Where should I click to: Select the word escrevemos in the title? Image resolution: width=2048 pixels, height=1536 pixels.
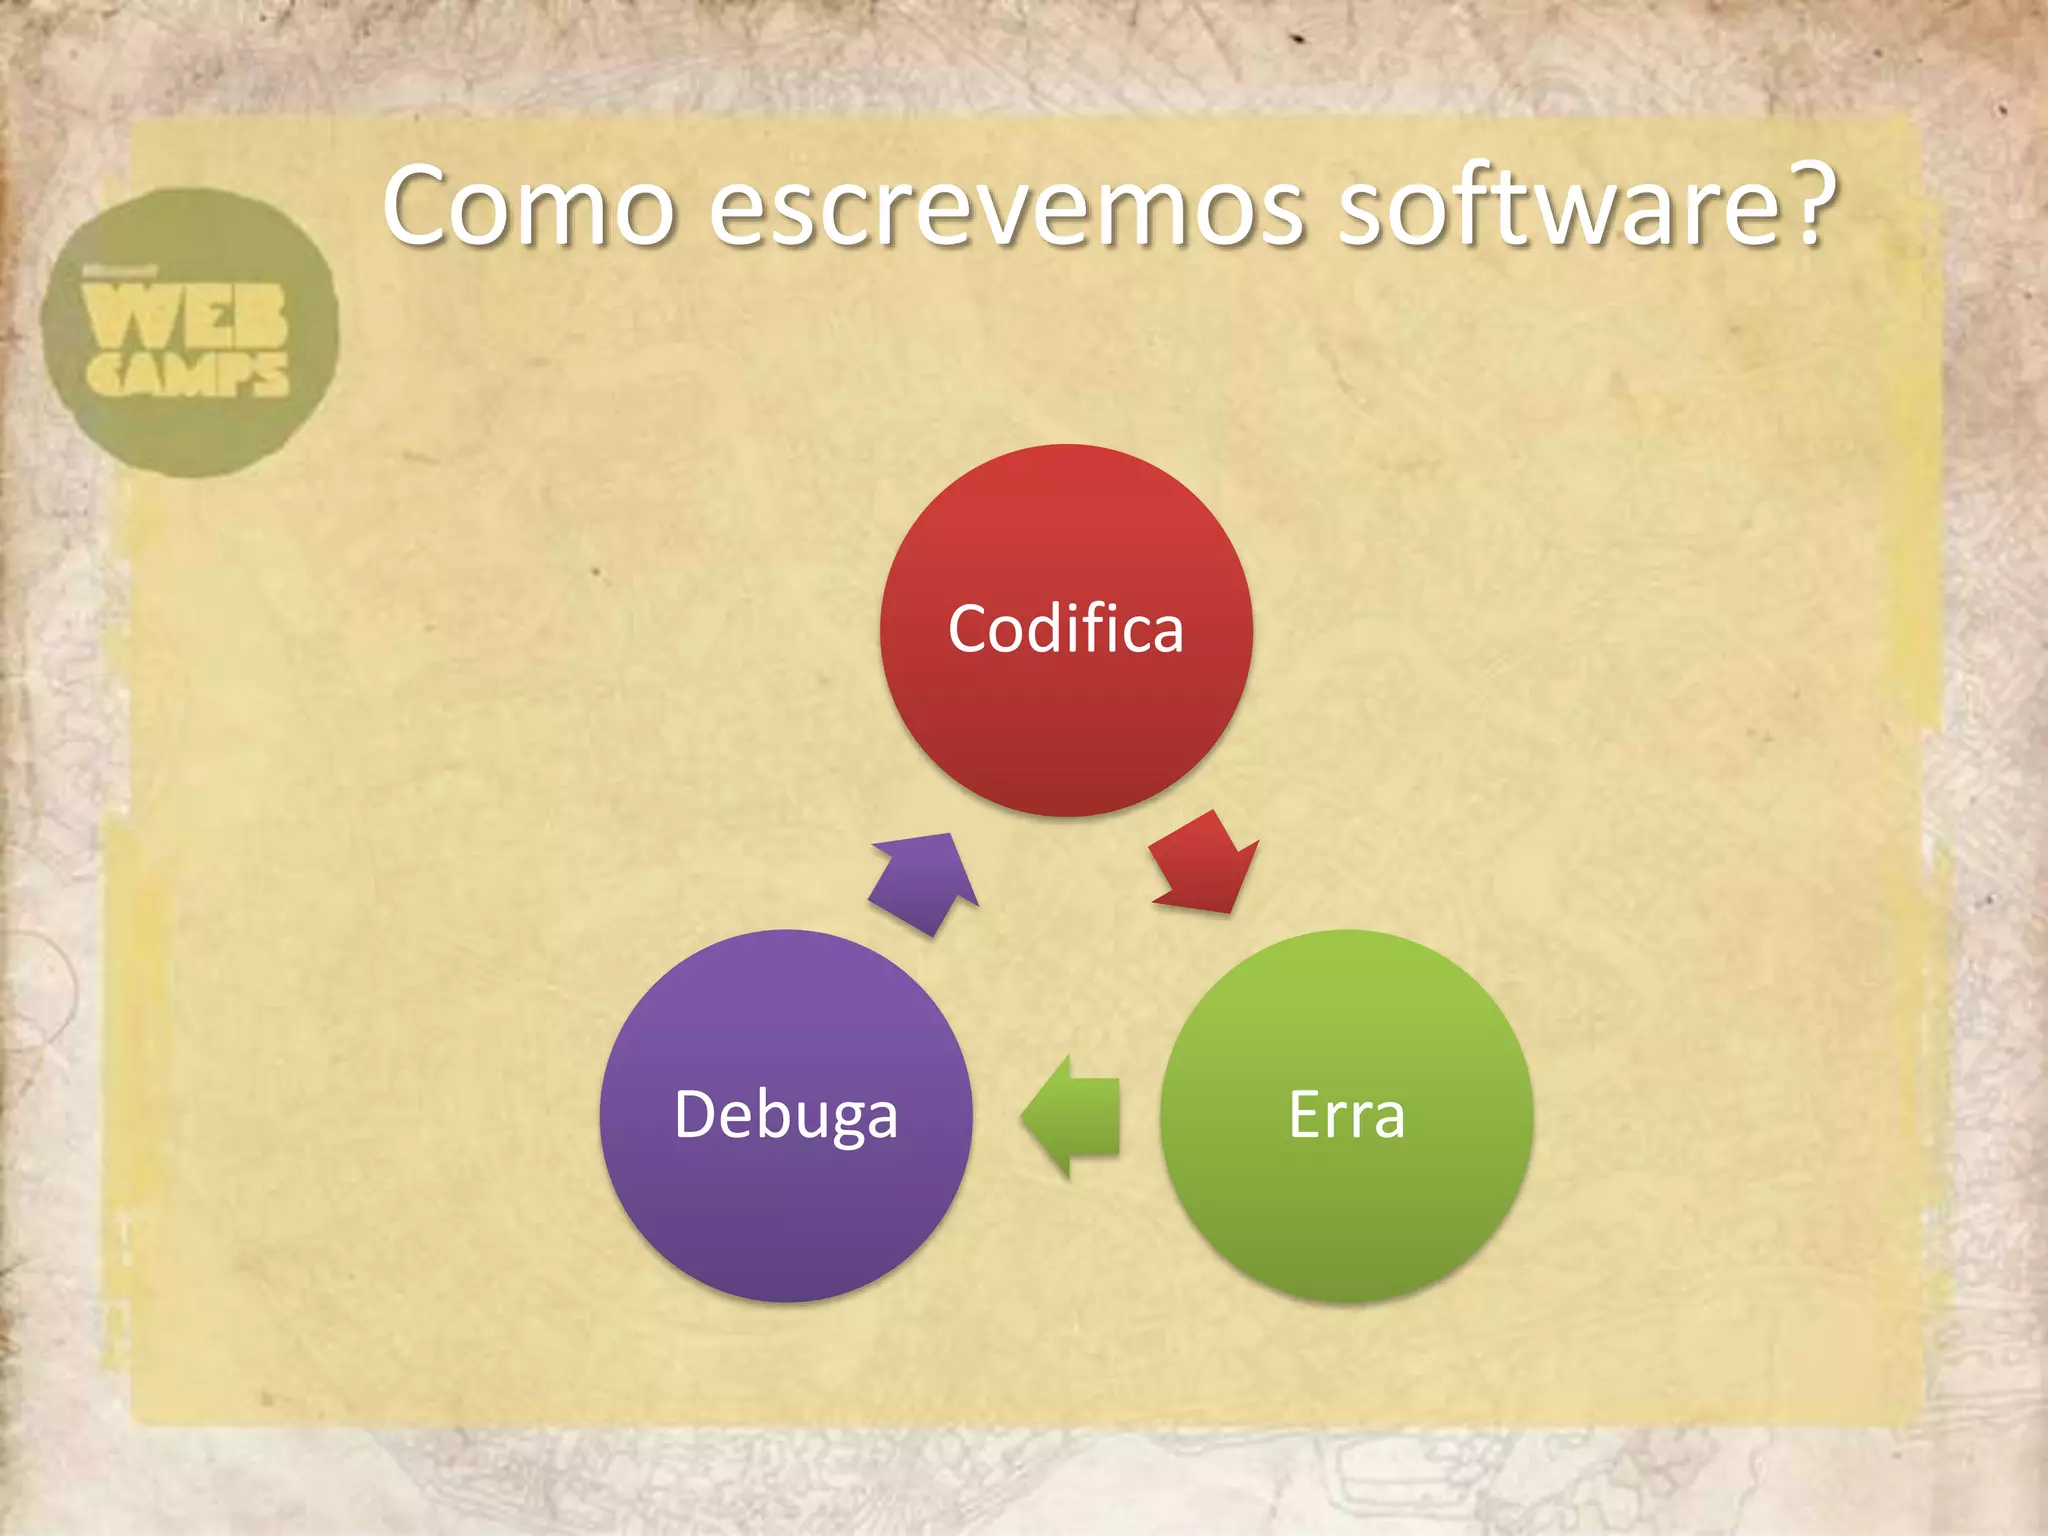point(1007,207)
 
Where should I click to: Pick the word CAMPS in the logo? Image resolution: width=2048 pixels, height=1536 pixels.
point(188,374)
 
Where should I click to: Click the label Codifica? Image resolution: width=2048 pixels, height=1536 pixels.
point(1066,629)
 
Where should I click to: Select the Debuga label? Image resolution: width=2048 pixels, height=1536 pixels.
point(786,1115)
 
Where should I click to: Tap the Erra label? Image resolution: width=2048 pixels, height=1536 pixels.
point(1346,1115)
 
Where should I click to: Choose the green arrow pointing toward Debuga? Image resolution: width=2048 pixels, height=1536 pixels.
point(1071,1116)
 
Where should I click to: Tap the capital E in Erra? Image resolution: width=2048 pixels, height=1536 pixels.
point(1305,1114)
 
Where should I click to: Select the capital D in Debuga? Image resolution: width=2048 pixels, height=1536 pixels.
point(696,1114)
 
